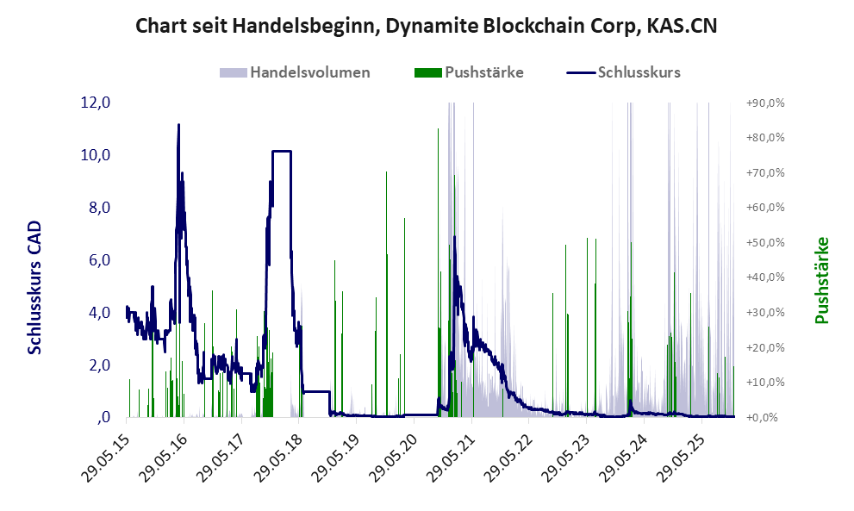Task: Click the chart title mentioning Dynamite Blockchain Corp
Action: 427,27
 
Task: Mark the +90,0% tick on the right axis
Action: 764,103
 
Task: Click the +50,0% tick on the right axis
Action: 764,242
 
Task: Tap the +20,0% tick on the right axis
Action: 764,347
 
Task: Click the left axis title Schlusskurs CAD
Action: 35,287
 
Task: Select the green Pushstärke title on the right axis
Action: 821,280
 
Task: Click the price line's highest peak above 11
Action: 178,125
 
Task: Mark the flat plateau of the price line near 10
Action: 281,152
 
